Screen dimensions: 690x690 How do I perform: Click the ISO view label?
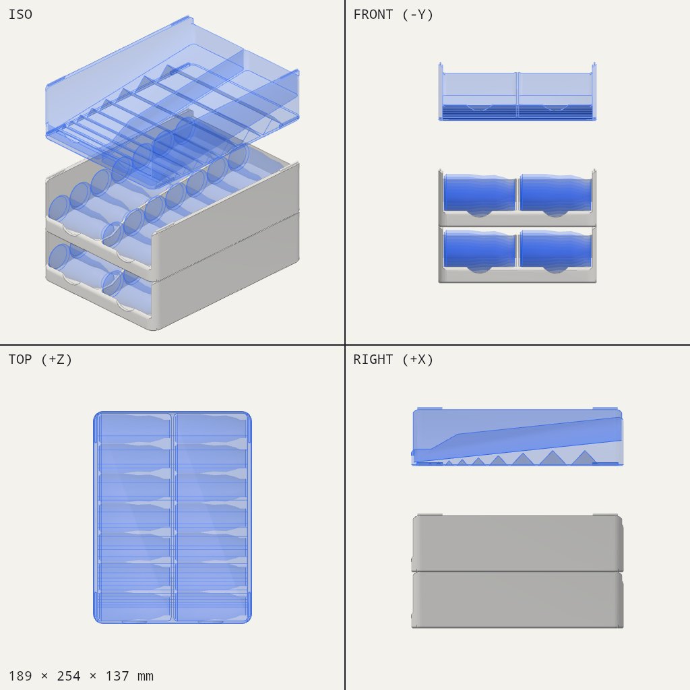point(20,15)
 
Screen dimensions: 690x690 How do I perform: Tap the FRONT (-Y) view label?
point(393,15)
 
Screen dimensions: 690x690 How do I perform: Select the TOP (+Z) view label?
point(40,360)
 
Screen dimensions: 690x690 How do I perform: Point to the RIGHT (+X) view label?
point(393,360)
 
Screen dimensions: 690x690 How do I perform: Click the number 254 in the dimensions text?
point(69,676)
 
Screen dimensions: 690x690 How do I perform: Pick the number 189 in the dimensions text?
point(20,676)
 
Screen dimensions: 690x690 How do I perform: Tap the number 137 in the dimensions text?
point(117,676)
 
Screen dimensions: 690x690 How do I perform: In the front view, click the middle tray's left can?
point(479,193)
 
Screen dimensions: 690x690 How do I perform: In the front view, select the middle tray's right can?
point(555,193)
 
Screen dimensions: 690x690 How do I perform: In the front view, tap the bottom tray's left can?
point(479,249)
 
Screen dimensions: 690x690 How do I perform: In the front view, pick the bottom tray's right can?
point(555,249)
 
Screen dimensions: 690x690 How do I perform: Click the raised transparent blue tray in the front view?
point(517,92)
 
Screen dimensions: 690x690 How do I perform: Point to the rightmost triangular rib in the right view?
point(584,458)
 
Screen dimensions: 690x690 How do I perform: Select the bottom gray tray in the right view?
point(517,600)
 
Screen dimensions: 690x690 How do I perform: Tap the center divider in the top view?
point(172,517)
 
